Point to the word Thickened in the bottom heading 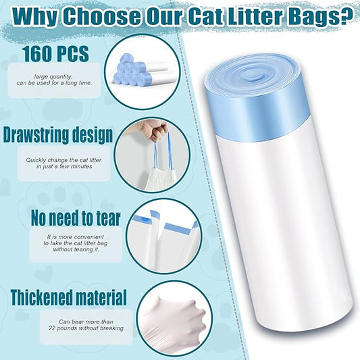coord(40,297)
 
